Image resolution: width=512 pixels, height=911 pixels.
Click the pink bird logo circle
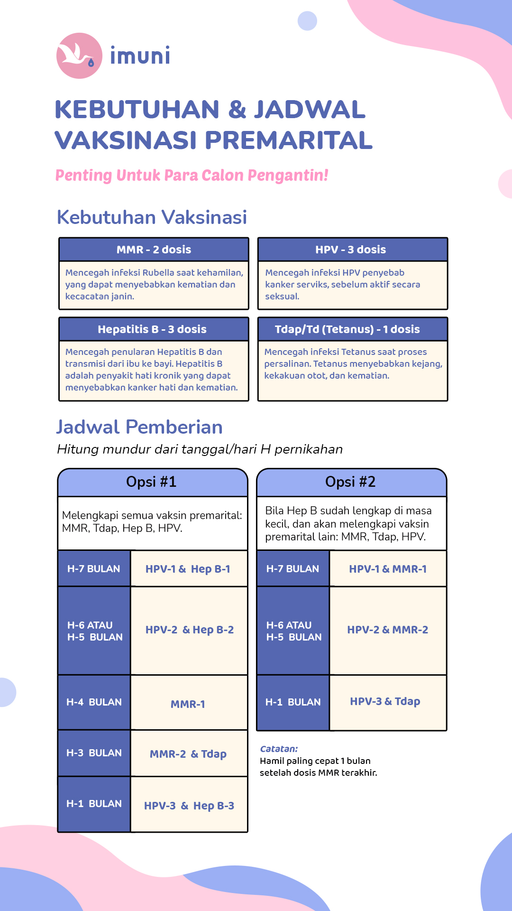coord(79,56)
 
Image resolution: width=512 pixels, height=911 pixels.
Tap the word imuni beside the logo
coord(140,56)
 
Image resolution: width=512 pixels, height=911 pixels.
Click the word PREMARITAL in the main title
coord(289,140)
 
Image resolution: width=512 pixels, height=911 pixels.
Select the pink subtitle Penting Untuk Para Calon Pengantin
coord(192,175)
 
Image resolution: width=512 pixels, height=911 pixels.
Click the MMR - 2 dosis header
coord(154,250)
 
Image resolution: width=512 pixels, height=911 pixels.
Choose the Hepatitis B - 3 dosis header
coord(152,329)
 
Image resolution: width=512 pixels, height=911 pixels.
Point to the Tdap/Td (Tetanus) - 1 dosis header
coord(347,329)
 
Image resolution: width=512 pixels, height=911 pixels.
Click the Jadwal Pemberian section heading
coord(139,427)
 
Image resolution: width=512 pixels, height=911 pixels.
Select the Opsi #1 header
coord(151,482)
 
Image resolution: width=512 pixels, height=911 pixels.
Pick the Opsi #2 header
coord(350,482)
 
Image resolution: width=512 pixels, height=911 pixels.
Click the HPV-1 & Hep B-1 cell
coord(188,569)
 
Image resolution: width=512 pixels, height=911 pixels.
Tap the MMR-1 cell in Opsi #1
coord(188,704)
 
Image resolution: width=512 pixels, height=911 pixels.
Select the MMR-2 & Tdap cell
coord(188,754)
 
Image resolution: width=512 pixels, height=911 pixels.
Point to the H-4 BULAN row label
coord(94,702)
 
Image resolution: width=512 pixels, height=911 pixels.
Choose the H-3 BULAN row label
coord(94,753)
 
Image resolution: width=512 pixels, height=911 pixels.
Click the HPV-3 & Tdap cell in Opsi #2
coord(385,701)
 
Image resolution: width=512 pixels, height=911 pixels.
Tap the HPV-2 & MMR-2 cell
coord(387,630)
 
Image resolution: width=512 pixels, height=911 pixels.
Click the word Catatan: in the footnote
coord(279,749)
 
